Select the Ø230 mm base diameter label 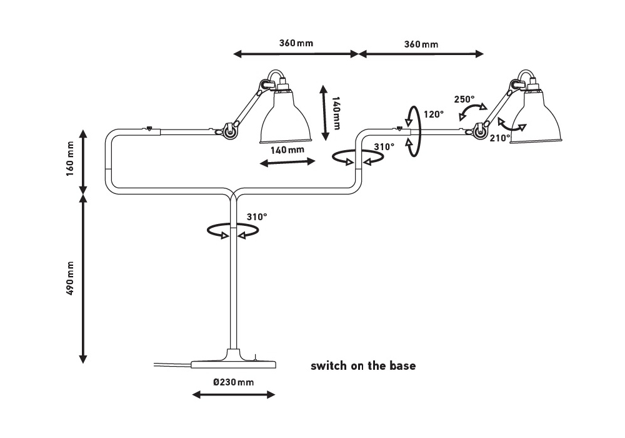point(233,382)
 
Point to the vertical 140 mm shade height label point(336,113)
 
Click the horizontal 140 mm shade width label point(287,150)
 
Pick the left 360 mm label point(296,44)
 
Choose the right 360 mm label point(421,44)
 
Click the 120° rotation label point(433,115)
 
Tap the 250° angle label point(464,99)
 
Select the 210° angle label point(501,138)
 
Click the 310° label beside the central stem point(256,216)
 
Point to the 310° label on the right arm point(384,147)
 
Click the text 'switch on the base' point(363,366)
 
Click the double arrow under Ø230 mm point(233,395)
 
